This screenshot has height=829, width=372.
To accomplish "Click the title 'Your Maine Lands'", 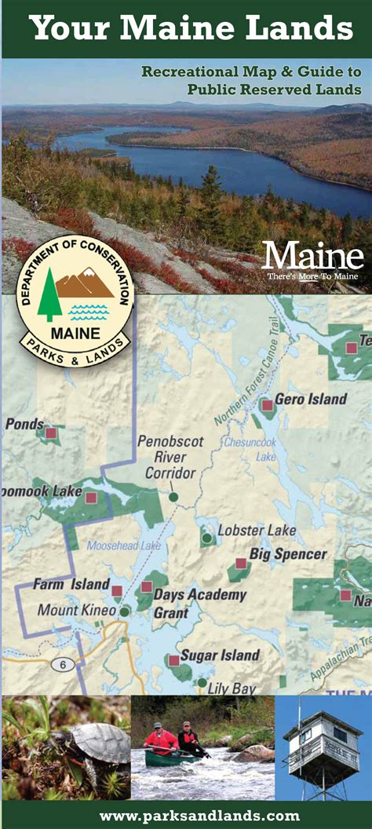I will click(x=191, y=29).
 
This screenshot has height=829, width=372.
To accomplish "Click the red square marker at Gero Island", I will click(x=267, y=405).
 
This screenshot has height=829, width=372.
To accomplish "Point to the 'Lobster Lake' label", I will click(x=257, y=531).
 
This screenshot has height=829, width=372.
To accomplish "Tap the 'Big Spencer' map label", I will click(x=288, y=554).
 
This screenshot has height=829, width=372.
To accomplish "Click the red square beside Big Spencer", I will click(x=241, y=564).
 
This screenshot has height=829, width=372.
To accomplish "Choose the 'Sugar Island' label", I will click(x=220, y=655).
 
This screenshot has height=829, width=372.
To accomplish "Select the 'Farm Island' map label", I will click(x=71, y=585).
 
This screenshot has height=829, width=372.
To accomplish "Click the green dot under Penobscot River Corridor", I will click(x=173, y=496).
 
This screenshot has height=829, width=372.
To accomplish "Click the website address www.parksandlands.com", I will click(x=199, y=816).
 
